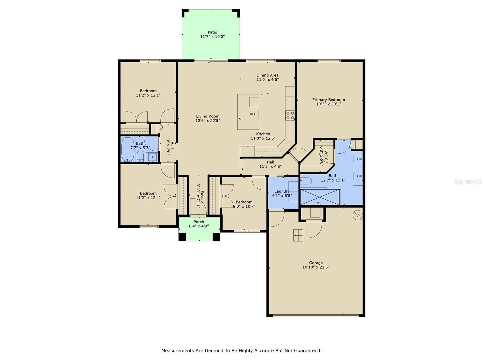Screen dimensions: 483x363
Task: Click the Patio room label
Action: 212,32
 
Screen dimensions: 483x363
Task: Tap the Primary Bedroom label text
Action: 328,100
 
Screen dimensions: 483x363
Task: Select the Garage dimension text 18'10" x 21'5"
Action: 316,267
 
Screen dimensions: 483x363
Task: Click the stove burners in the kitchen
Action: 290,116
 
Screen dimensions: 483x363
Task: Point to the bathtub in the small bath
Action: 128,150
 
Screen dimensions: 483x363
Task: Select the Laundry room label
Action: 282,191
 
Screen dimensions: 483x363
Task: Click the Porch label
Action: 199,222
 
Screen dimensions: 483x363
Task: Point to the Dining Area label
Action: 267,75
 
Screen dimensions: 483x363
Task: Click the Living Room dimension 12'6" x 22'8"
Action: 208,121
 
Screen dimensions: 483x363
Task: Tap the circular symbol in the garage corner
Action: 358,215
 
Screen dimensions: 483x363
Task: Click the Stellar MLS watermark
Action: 468,181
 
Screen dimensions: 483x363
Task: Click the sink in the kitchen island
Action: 254,114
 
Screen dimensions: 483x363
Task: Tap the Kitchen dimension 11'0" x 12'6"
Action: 263,139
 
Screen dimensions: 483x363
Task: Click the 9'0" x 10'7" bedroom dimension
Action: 244,207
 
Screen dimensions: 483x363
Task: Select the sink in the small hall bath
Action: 152,157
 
